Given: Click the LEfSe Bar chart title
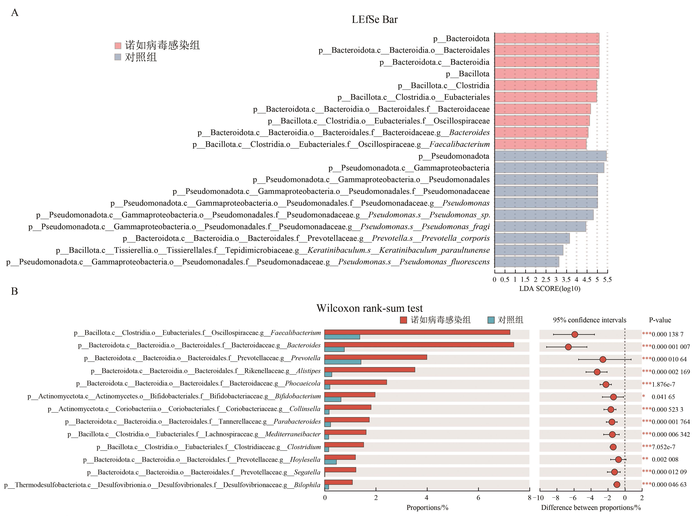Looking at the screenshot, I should (x=374, y=19).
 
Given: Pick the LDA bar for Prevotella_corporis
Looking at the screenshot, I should (x=532, y=238).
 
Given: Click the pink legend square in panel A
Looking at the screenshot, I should (x=118, y=46).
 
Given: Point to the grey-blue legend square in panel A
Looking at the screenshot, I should (x=118, y=57).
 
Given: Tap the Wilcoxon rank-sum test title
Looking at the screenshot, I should (x=369, y=308).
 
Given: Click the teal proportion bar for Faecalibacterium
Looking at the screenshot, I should (x=342, y=337).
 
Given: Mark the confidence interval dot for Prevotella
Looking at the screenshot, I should (x=602, y=359).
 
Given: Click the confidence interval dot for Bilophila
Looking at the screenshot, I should (x=617, y=485).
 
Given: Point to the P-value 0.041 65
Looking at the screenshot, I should (x=663, y=397).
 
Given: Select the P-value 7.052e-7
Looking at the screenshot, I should (x=663, y=447).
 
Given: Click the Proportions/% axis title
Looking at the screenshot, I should (x=427, y=508).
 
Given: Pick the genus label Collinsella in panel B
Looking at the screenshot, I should (x=305, y=409).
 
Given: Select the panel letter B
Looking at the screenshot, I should (x=14, y=291).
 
